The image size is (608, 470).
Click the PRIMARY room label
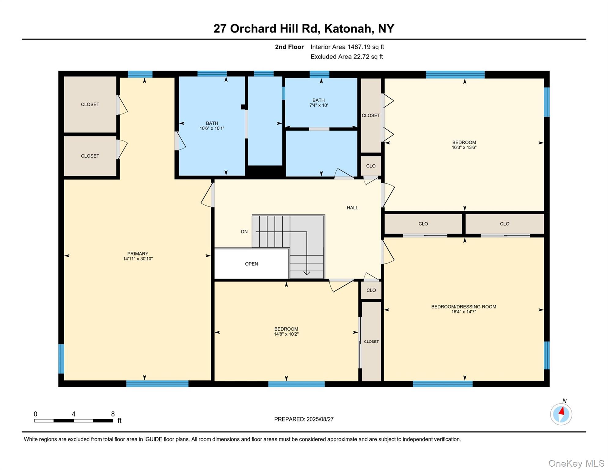point(138,253)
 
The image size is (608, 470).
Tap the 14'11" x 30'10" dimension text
point(138,259)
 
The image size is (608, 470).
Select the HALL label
point(352,207)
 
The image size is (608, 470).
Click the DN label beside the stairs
point(244,232)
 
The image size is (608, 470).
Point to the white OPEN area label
point(251,264)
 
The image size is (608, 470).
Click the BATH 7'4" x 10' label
point(318,103)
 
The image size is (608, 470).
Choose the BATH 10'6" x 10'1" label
point(212,126)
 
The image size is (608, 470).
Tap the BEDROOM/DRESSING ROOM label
point(463,307)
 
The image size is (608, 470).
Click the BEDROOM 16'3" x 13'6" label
point(464,144)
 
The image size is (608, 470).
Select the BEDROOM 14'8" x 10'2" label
point(286,331)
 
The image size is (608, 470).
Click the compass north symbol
point(561,414)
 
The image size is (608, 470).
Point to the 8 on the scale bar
point(113,414)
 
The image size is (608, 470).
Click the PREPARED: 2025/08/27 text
point(303,419)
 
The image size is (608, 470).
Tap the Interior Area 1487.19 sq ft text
point(347,47)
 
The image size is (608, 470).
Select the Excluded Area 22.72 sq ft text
point(346,57)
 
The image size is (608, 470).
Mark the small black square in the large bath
point(243,107)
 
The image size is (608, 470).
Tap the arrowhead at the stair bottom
point(306,273)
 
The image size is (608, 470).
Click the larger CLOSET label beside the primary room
point(90,104)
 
